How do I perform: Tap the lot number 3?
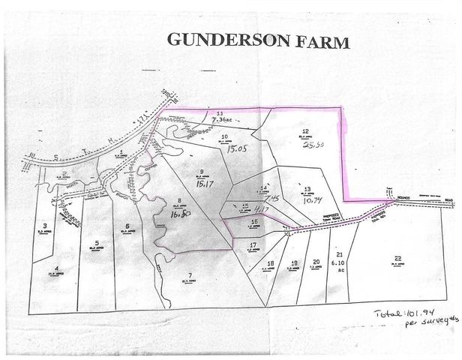45,225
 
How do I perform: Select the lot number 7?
190,275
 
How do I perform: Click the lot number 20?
316,261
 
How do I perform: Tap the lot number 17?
253,245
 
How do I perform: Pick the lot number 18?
270,263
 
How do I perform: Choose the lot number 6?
128,226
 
